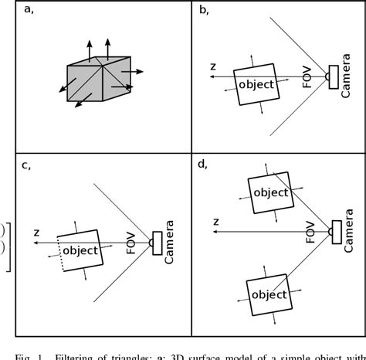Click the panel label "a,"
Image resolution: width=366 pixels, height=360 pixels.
[29, 10]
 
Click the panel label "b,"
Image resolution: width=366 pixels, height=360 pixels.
[205, 10]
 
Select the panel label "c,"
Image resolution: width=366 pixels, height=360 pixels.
[29, 165]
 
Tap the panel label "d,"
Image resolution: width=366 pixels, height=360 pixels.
[205, 165]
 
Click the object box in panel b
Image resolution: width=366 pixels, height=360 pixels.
[256, 84]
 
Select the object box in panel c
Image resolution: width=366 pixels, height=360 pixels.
[80, 250]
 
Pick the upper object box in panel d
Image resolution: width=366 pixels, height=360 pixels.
[269, 192]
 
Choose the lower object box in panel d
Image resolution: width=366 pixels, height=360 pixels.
[269, 294]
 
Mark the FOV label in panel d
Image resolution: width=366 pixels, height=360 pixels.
[309, 229]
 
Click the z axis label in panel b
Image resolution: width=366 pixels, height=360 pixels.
[212, 67]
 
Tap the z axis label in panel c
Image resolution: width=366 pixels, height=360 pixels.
[36, 233]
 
